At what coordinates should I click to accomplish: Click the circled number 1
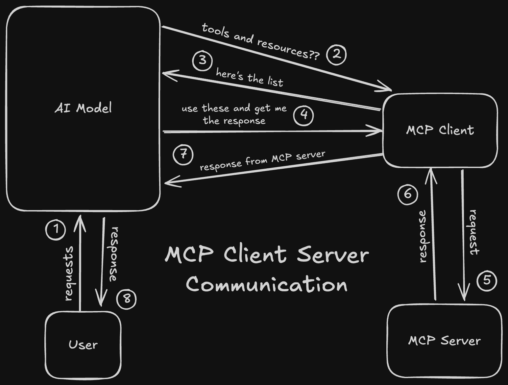[56, 229]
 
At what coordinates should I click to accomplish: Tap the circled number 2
[336, 55]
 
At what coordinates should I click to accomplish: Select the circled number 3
[202, 60]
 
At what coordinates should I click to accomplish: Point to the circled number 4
[303, 115]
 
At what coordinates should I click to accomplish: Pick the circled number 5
[487, 280]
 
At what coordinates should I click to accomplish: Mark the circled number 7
[183, 154]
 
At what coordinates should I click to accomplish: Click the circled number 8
[127, 299]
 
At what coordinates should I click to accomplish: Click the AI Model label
[83, 108]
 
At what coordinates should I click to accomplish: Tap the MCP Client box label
[440, 130]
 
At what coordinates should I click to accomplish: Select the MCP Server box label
[444, 341]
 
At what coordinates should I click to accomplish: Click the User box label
[83, 345]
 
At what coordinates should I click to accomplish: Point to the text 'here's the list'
[249, 78]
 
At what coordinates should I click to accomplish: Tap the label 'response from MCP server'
[262, 161]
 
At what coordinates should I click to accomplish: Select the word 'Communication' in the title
[267, 284]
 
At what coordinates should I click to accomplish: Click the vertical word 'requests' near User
[68, 274]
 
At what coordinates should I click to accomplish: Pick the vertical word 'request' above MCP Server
[473, 232]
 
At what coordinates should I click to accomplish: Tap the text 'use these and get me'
[234, 108]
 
